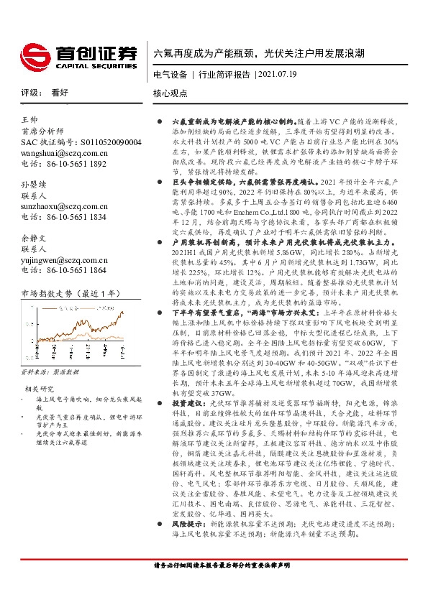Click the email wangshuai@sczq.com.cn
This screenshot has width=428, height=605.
(x=65, y=153)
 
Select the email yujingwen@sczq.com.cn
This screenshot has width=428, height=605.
(x=65, y=259)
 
